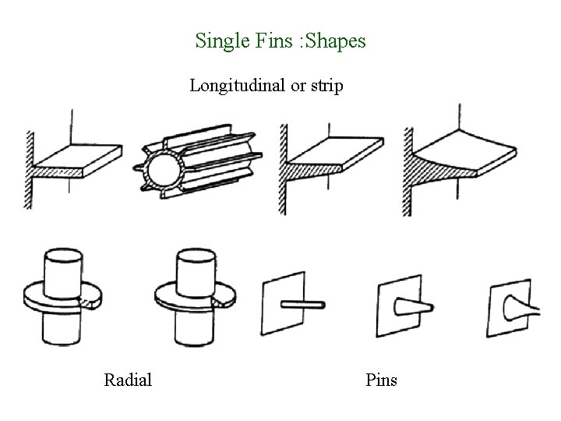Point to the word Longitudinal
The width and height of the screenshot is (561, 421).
[x=238, y=86]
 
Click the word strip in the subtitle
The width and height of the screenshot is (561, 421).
[x=326, y=86]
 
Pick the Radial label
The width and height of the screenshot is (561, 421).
[x=128, y=380]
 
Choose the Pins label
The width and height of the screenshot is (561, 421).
[x=381, y=380]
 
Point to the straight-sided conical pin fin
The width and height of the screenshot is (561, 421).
[x=410, y=306]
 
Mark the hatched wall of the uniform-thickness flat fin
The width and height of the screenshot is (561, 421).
[x=29, y=168]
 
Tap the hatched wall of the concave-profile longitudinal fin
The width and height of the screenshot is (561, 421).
[x=407, y=168]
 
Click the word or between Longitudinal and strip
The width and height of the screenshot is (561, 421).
[x=298, y=86]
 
